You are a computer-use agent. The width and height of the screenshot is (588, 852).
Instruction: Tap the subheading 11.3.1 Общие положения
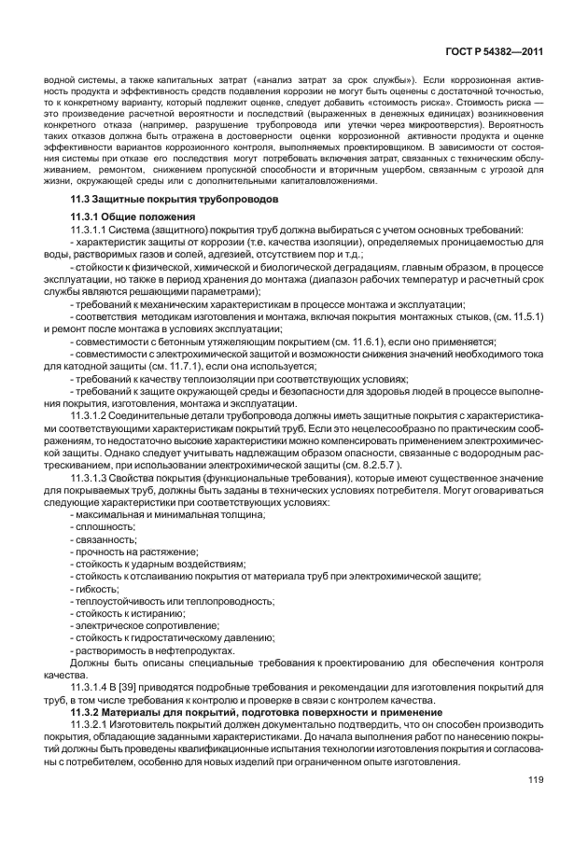(127, 216)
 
